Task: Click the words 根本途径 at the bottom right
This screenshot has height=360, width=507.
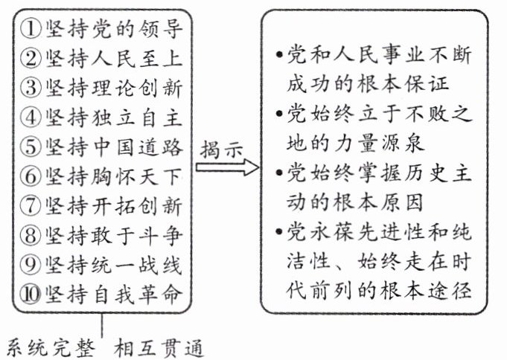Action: pos(441,287)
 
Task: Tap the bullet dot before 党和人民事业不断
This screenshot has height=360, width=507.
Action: pos(278,57)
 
